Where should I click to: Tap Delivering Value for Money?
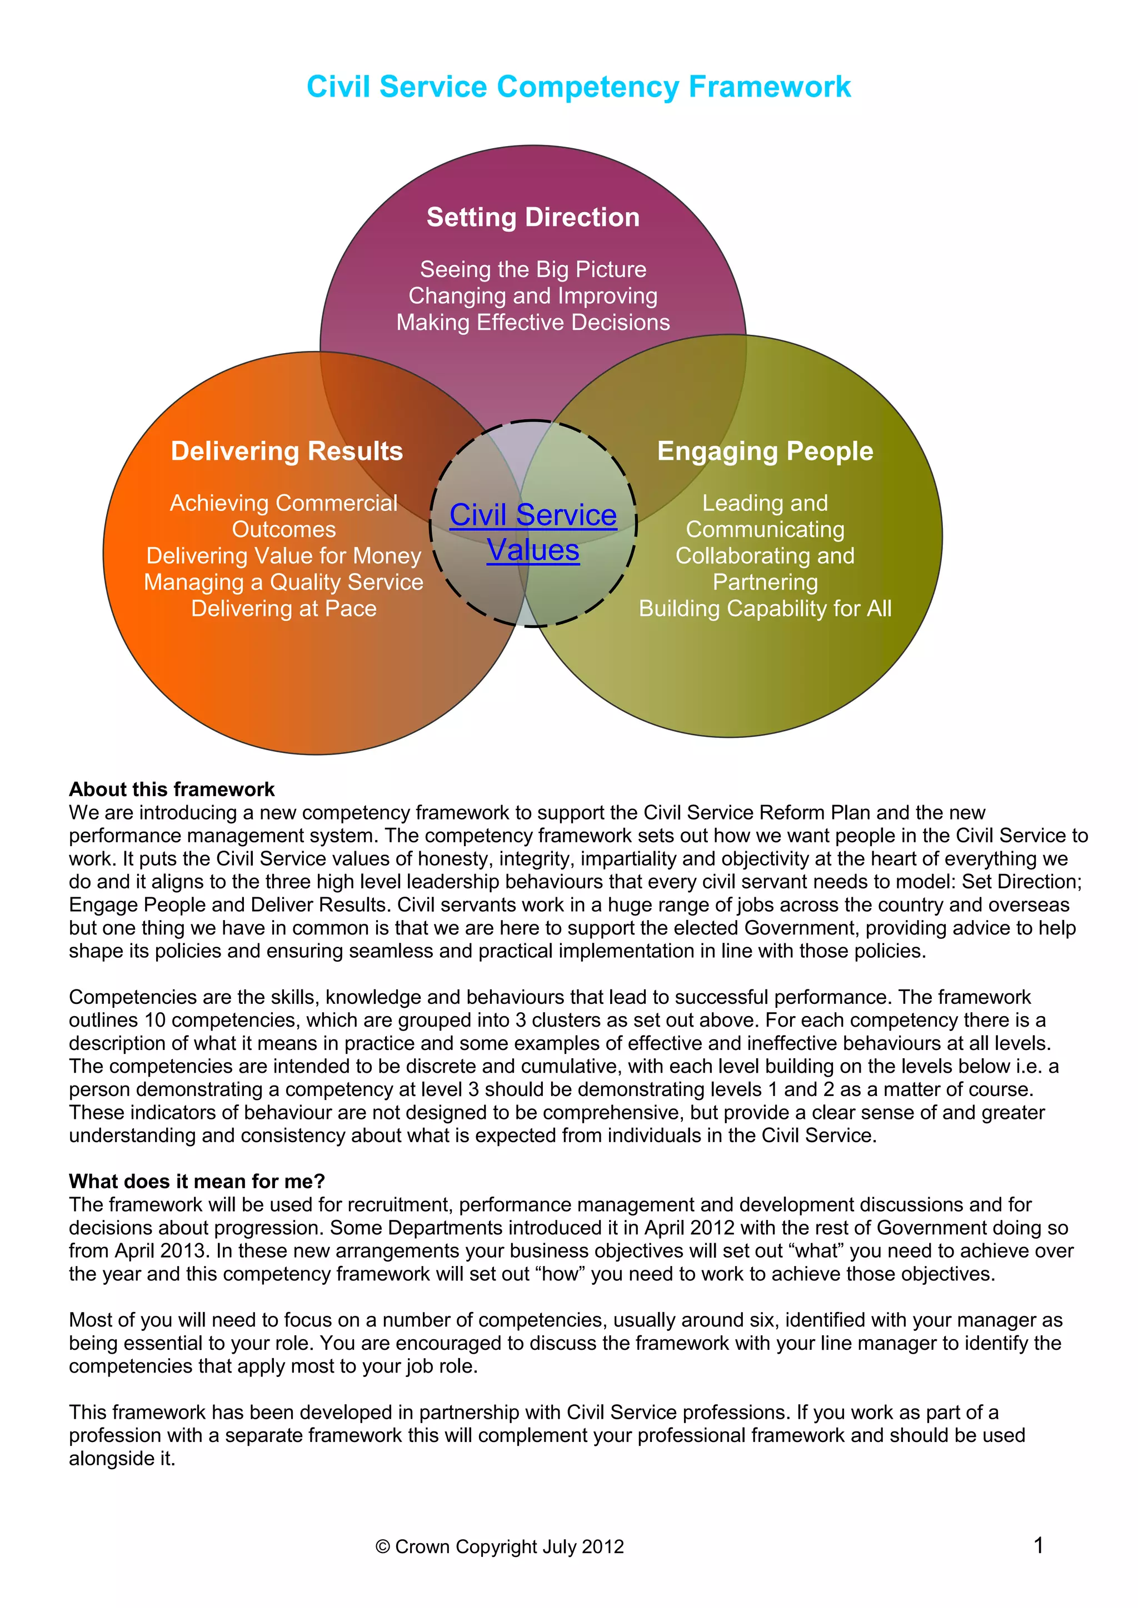(x=284, y=556)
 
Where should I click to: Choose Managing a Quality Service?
(x=284, y=582)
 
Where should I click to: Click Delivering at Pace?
(x=284, y=609)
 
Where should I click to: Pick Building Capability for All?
(x=765, y=609)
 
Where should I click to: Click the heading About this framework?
(x=172, y=790)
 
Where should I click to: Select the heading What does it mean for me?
(x=197, y=1182)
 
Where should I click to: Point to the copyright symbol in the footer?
(x=383, y=1547)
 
